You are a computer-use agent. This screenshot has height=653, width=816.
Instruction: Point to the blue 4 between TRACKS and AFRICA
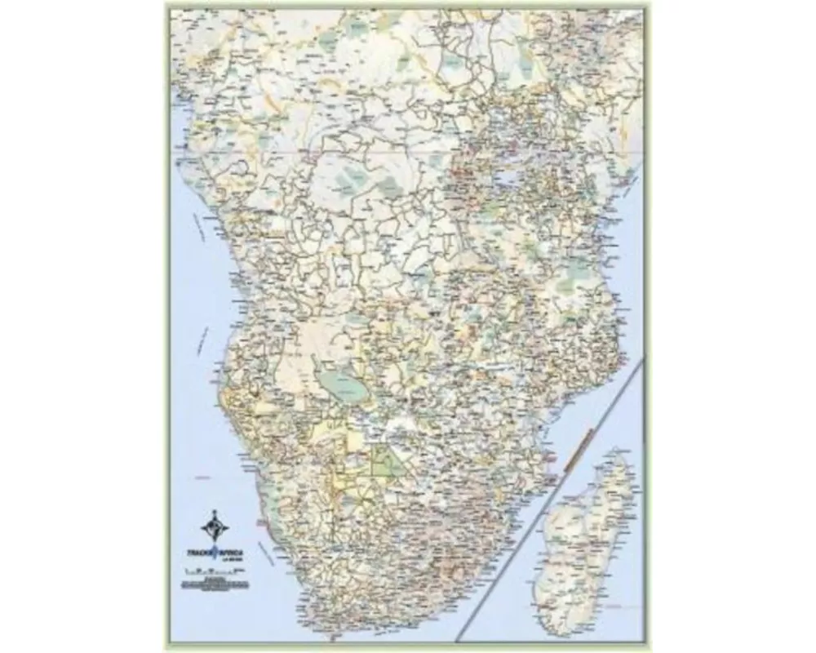(x=215, y=552)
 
